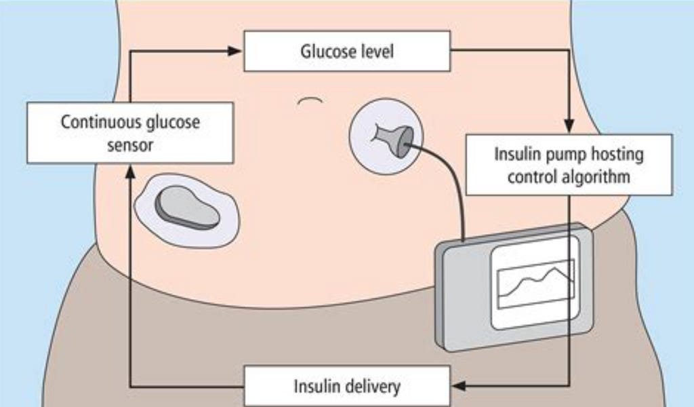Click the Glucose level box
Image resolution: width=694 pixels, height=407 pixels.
coord(347,52)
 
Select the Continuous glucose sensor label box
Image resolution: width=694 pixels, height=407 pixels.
coord(131,133)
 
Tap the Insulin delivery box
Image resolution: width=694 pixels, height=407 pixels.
coord(346,386)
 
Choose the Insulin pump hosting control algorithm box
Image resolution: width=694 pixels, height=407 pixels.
coord(569,165)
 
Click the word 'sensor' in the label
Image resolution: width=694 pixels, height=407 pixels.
coord(131,144)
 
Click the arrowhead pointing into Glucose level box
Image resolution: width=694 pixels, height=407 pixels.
coord(235,50)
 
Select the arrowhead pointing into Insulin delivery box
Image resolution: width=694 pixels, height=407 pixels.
coord(459,386)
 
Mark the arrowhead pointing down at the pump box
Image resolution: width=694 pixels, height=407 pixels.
coord(569,126)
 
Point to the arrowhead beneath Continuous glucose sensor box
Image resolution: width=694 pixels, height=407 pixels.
coord(129,172)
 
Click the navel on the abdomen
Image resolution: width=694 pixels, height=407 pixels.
coord(310,101)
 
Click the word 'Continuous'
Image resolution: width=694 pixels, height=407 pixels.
coord(99,122)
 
